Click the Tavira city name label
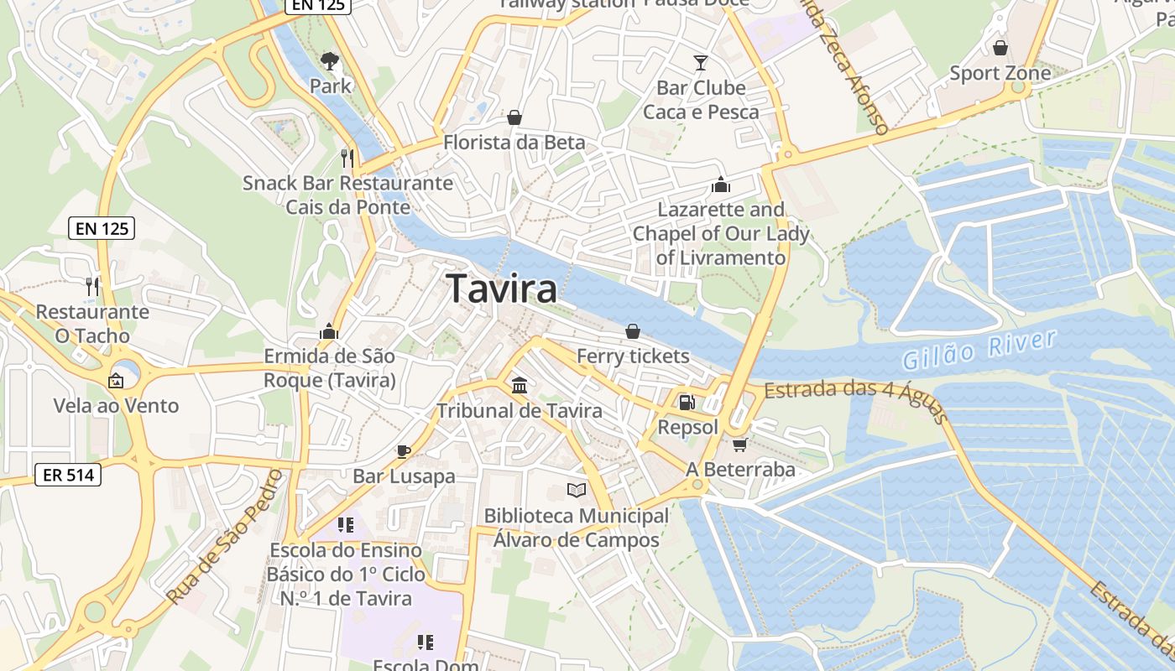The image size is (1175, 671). click(502, 289)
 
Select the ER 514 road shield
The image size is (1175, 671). click(69, 475)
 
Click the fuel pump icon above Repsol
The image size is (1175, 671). click(687, 403)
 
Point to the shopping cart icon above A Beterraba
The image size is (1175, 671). click(739, 444)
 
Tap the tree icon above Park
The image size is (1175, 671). click(330, 60)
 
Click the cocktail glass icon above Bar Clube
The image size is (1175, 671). click(701, 62)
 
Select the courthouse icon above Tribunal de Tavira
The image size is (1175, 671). click(520, 386)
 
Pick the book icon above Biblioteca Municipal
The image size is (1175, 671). click(576, 491)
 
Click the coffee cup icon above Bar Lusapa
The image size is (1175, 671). click(404, 451)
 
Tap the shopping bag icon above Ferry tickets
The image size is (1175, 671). click(633, 331)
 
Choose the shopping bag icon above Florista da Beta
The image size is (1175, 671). click(514, 117)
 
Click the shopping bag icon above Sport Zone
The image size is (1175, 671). click(1000, 48)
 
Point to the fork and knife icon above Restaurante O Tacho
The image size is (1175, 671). click(92, 287)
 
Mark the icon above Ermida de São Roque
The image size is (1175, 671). click(329, 331)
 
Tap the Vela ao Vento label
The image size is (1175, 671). click(117, 406)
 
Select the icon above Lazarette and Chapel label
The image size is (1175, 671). click(720, 185)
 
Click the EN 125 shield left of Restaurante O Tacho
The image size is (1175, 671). click(101, 227)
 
